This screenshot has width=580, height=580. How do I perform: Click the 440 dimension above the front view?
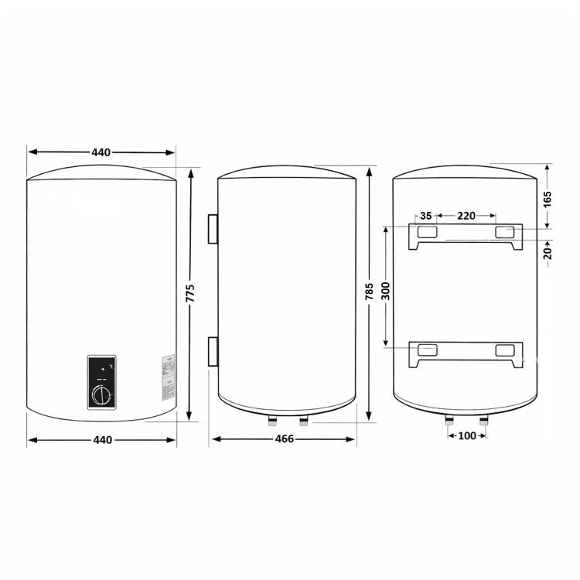pyautogui.click(x=101, y=152)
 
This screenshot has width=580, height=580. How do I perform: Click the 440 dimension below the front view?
pyautogui.click(x=102, y=440)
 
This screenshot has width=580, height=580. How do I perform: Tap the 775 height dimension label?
pyautogui.click(x=190, y=294)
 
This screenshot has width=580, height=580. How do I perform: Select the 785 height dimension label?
pyautogui.click(x=370, y=292)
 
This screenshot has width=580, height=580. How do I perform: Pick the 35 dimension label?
pyautogui.click(x=426, y=216)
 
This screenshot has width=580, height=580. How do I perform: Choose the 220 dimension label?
pyautogui.click(x=466, y=216)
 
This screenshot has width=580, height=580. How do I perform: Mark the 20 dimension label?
pyautogui.click(x=548, y=251)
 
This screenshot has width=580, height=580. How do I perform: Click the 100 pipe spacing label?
pyautogui.click(x=467, y=436)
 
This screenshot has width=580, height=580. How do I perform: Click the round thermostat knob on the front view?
pyautogui.click(x=102, y=397)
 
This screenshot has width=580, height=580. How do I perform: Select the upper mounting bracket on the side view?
pyautogui.click(x=212, y=230)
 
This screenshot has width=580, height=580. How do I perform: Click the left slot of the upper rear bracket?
pyautogui.click(x=427, y=232)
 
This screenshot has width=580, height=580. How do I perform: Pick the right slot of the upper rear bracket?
pyautogui.click(x=504, y=232)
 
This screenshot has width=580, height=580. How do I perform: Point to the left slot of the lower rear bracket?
pyautogui.click(x=427, y=350)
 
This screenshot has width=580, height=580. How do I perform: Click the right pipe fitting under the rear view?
pyautogui.click(x=485, y=421)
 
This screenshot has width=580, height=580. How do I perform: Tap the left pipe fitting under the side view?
pyautogui.click(x=273, y=421)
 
